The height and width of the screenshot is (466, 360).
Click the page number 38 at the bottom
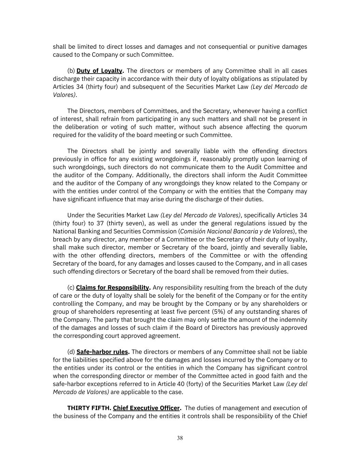click(180, 438)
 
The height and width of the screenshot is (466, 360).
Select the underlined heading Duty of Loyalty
click(99, 71)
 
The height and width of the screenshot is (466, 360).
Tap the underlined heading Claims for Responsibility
click(113, 287)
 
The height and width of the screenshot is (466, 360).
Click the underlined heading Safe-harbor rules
click(102, 352)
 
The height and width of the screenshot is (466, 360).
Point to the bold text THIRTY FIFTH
click(89, 408)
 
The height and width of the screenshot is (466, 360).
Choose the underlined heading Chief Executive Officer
click(146, 408)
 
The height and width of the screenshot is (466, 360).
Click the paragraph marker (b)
click(71, 71)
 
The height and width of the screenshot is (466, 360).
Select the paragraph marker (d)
click(71, 352)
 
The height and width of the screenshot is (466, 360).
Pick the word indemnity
click(293, 320)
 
